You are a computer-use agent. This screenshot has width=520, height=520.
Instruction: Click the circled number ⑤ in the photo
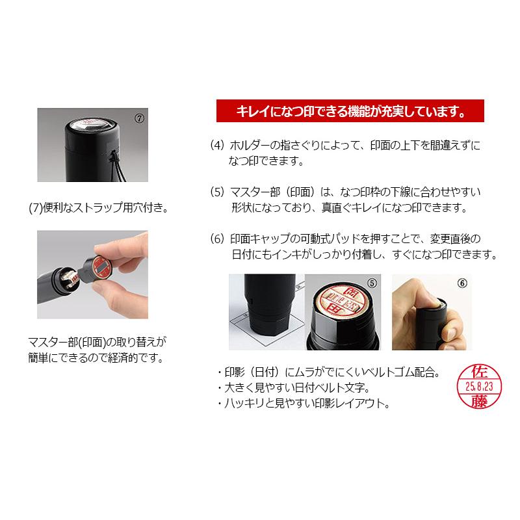tap(371, 283)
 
